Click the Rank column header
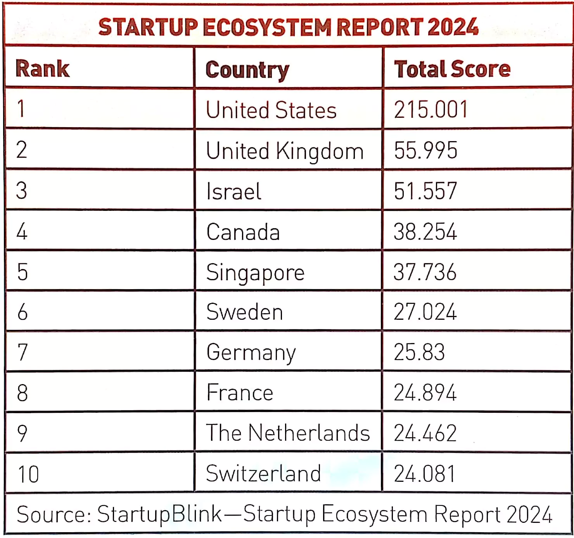point(43,69)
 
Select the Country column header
point(247,70)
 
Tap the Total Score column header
point(452,69)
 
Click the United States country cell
point(271,110)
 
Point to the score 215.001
point(431,109)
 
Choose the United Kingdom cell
point(285,151)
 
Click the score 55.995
point(425,150)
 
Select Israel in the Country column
point(234,191)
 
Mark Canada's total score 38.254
point(425,232)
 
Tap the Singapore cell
point(255,272)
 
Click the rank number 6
point(22,312)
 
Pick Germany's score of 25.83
point(419,352)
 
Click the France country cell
point(240,393)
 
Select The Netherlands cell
point(288,433)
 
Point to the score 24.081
point(424,474)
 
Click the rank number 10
point(28,474)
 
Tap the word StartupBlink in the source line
point(159,514)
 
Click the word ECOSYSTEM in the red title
point(266,27)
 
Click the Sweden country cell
point(244,312)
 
